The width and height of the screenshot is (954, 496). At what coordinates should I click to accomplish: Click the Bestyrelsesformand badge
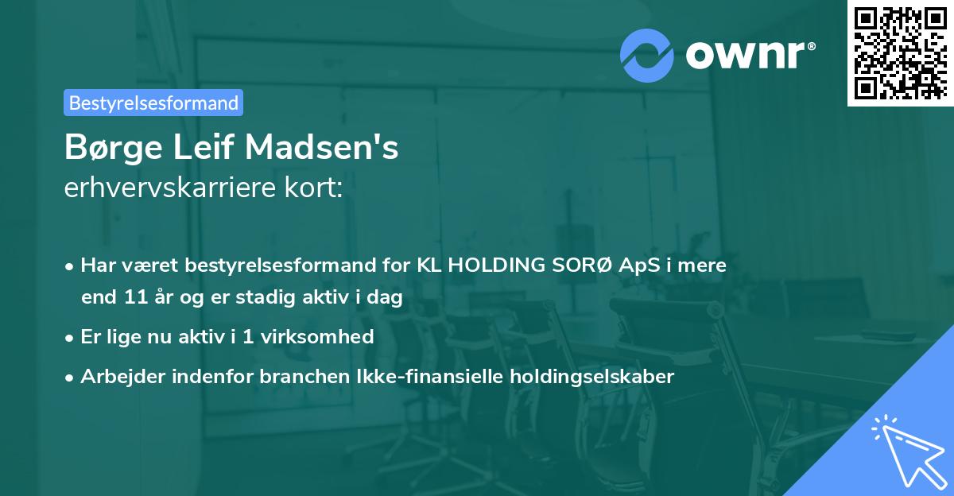click(153, 103)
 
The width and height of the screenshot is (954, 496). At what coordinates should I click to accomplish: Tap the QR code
click(900, 52)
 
